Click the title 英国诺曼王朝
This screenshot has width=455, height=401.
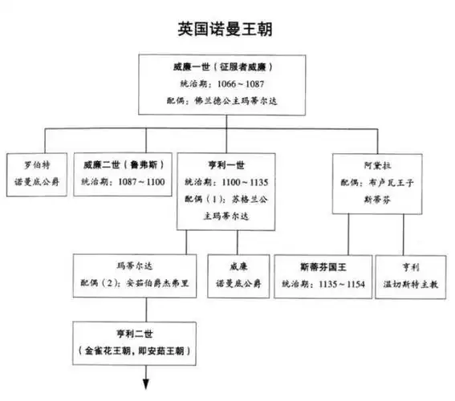pyautogui.click(x=228, y=29)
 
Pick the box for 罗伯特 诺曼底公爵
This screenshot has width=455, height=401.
pyautogui.click(x=36, y=172)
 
